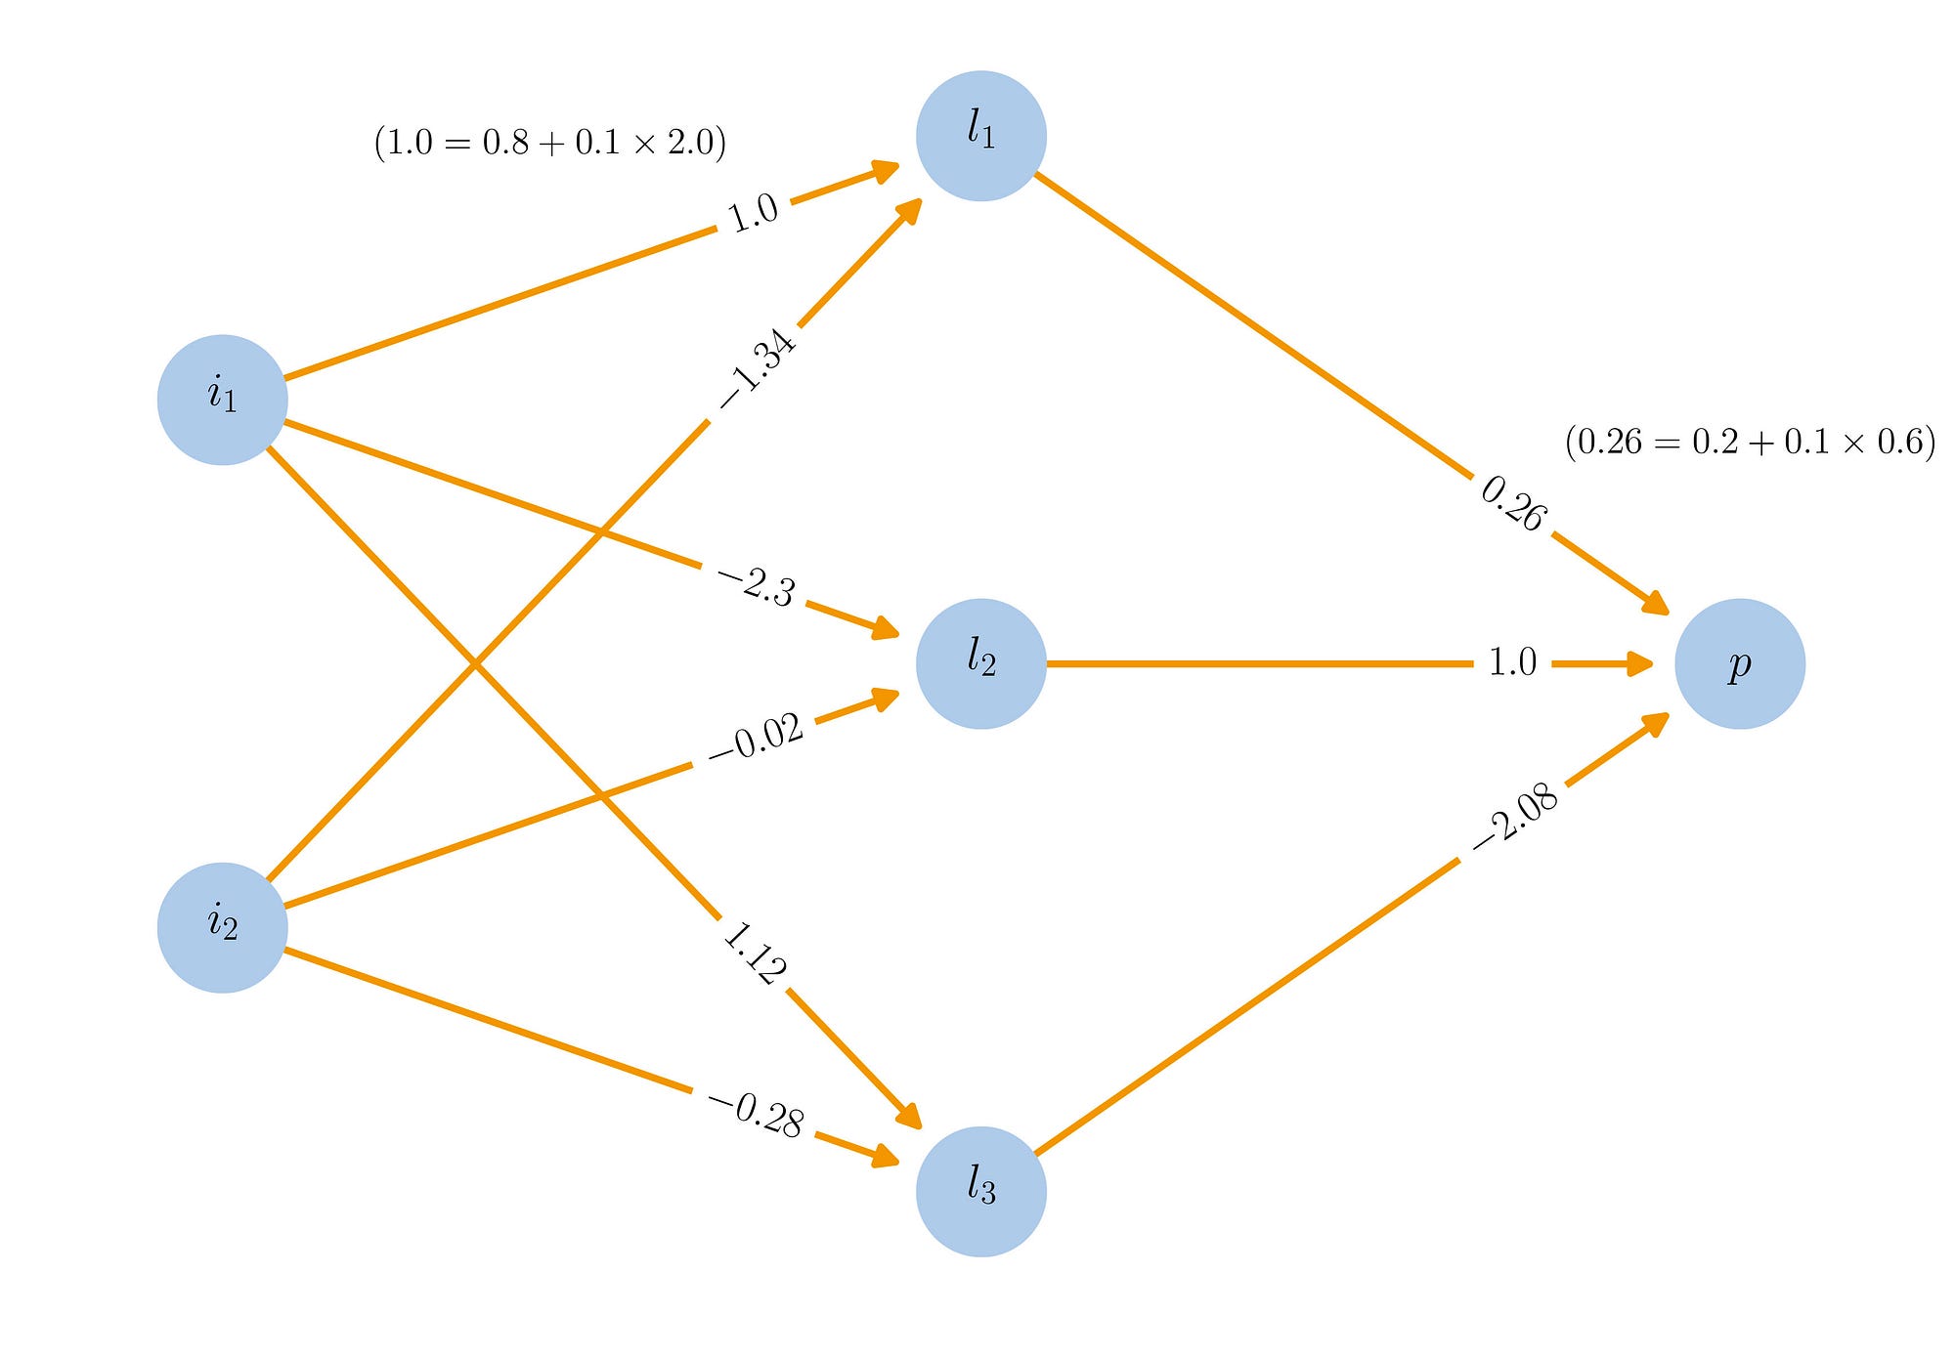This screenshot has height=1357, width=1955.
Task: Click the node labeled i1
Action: tap(222, 400)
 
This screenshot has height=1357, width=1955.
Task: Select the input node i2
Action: tap(222, 927)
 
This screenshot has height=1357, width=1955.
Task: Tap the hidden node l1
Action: tap(980, 136)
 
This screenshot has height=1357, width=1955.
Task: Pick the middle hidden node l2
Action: tap(980, 663)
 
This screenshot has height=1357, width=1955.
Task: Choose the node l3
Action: tap(980, 1191)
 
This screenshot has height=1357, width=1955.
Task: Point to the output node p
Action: tap(1739, 663)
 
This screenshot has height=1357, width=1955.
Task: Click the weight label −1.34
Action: tap(759, 368)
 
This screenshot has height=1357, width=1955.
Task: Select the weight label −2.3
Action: tap(757, 586)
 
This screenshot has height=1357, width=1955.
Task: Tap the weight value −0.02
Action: tap(756, 739)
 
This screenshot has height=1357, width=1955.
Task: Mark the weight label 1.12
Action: tap(754, 953)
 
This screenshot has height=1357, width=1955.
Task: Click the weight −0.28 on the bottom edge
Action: tap(757, 1115)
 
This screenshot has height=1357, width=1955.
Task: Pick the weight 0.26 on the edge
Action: tap(1513, 504)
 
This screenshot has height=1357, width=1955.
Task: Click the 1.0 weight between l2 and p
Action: tap(1512, 662)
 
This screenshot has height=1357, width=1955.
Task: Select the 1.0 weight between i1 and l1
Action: tap(754, 213)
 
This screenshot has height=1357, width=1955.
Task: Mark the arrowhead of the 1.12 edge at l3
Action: tap(910, 1115)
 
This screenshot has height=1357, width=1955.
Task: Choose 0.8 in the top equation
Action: tap(505, 143)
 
